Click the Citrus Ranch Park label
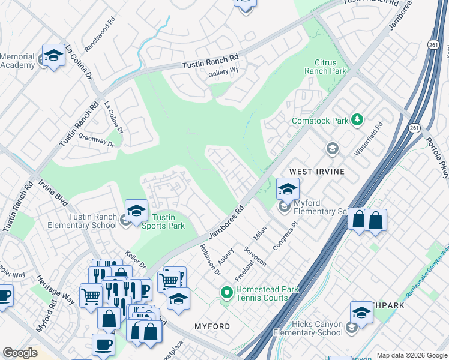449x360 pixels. click(330, 67)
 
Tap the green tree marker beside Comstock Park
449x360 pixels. click(357, 120)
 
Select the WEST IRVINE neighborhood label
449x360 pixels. click(317, 172)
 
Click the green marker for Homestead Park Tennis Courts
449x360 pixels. click(226, 293)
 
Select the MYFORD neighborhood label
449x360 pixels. click(212, 326)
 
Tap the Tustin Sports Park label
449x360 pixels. click(163, 221)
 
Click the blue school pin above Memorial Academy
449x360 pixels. click(53, 55)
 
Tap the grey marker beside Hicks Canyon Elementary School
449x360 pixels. click(352, 327)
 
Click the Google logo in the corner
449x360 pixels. click(20, 353)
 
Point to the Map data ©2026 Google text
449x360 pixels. click(411, 355)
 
